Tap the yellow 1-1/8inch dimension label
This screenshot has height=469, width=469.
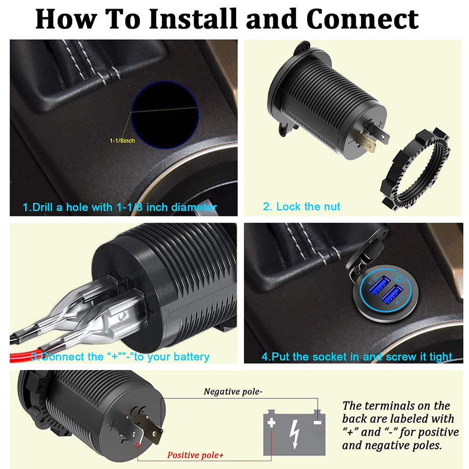[x=122, y=141]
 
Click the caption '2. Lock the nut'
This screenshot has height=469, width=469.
[x=302, y=206]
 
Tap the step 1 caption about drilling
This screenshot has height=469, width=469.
[x=120, y=207]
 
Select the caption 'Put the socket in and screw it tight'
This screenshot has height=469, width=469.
[x=357, y=357]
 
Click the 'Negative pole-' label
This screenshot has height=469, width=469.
[x=233, y=391]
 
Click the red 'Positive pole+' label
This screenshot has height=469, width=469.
[x=195, y=455]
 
